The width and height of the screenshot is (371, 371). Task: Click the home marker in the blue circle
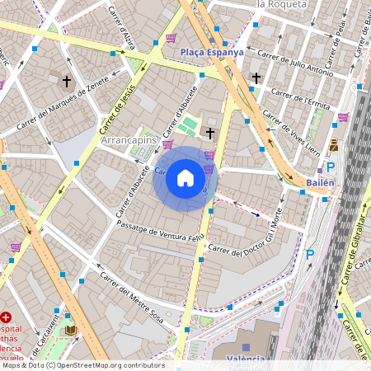pos(185,178)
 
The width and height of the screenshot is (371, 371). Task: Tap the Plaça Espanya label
pos(212,51)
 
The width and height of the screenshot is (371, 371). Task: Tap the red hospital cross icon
pos(7,317)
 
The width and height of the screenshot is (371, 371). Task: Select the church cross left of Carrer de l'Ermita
pos(256,78)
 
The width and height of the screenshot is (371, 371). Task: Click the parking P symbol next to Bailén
pos(330,167)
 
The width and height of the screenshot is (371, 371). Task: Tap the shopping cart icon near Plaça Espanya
pos(171,38)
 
